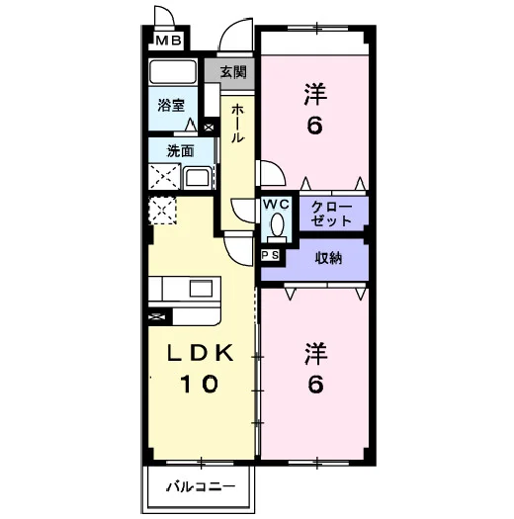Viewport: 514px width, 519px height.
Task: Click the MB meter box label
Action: click(x=168, y=41)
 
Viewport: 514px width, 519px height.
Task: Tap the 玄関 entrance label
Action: click(x=233, y=72)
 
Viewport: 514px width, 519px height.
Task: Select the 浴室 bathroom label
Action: click(x=171, y=105)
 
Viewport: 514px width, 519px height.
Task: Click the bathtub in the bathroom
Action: click(x=172, y=71)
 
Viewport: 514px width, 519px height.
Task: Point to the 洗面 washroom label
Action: click(x=180, y=151)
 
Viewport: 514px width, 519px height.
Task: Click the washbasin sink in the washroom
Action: click(x=197, y=177)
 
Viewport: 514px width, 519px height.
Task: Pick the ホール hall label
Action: click(x=237, y=124)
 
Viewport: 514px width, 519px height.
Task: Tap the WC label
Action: click(x=277, y=205)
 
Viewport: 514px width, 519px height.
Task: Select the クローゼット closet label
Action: click(x=331, y=214)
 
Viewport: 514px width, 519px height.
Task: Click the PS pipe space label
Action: click(x=271, y=255)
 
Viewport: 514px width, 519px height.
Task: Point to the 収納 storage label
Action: click(x=328, y=258)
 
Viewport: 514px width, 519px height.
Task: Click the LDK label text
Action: click(x=201, y=353)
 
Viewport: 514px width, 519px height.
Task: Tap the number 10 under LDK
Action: click(x=199, y=384)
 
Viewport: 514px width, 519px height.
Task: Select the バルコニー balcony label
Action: click(x=201, y=486)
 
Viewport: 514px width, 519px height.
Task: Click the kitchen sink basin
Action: click(x=201, y=288)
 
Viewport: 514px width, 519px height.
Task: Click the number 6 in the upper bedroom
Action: click(x=314, y=126)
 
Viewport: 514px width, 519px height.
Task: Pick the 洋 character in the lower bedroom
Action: click(x=316, y=354)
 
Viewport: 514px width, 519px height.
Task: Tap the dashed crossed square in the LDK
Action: click(x=162, y=211)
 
